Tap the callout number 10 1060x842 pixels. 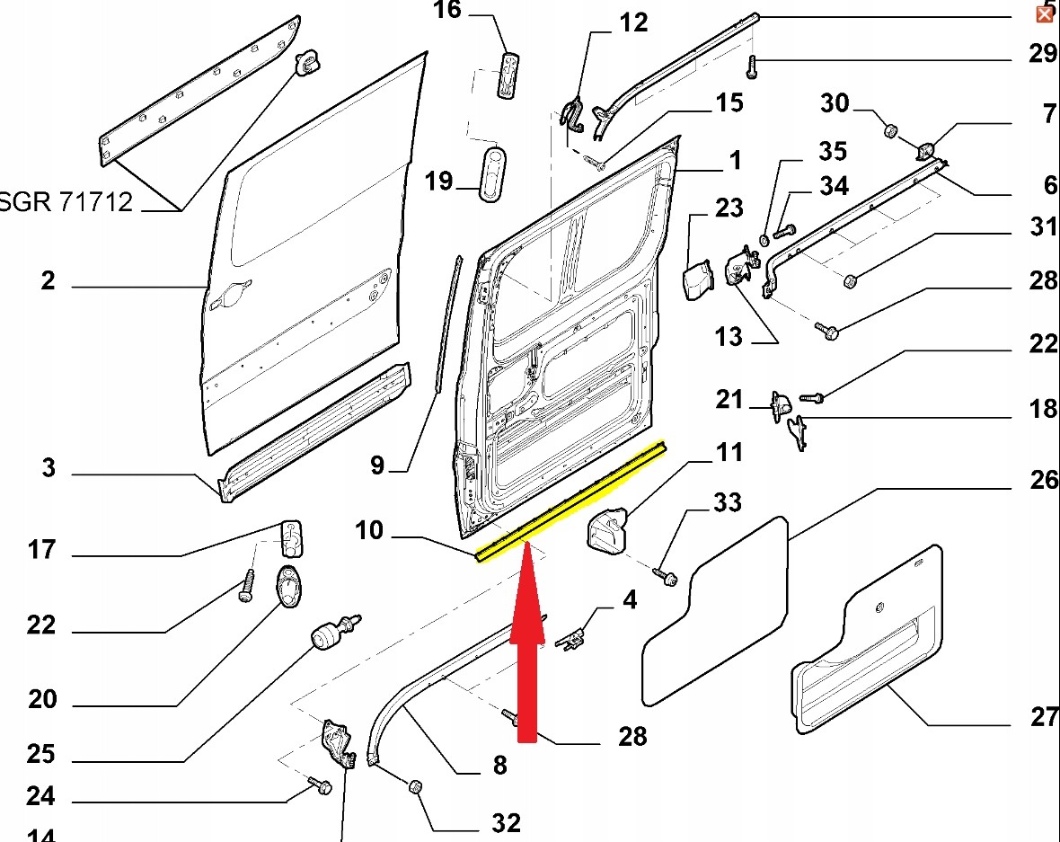(x=368, y=531)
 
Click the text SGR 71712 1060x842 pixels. (x=67, y=201)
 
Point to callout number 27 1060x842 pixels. (x=1044, y=718)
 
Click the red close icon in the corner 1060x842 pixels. (x=1045, y=13)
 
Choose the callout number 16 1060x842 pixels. (x=446, y=11)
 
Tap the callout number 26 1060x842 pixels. (x=1044, y=480)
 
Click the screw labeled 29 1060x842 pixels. (x=752, y=66)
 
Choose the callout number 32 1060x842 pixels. (x=506, y=822)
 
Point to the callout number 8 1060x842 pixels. (x=500, y=765)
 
